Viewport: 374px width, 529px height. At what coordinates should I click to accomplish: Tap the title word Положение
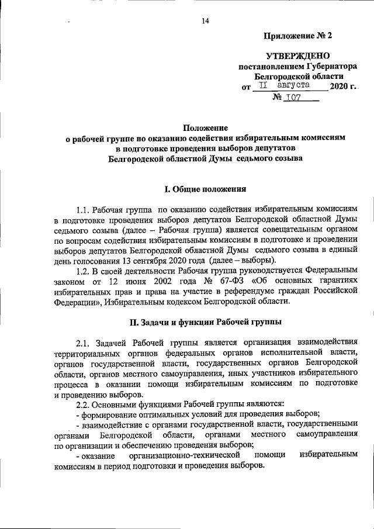205,127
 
